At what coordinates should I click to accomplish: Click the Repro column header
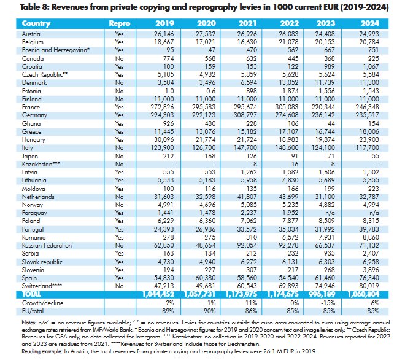119,23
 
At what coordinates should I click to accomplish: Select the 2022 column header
289,23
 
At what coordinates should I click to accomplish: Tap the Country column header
36,23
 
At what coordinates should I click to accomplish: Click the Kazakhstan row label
41,164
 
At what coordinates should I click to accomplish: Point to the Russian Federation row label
47,245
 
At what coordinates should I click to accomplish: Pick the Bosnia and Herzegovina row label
55,50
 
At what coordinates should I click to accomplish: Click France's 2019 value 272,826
162,107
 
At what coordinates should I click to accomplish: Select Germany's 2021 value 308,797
245,115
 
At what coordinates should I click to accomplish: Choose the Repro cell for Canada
119,59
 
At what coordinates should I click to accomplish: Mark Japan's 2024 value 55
376,156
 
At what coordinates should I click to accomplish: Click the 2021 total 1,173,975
241,294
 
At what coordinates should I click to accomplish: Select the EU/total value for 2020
209,311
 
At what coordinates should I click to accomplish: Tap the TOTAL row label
31,294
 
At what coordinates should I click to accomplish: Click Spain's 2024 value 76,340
369,278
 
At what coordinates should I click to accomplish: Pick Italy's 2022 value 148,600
287,147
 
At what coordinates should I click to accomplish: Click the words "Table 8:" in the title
34,7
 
